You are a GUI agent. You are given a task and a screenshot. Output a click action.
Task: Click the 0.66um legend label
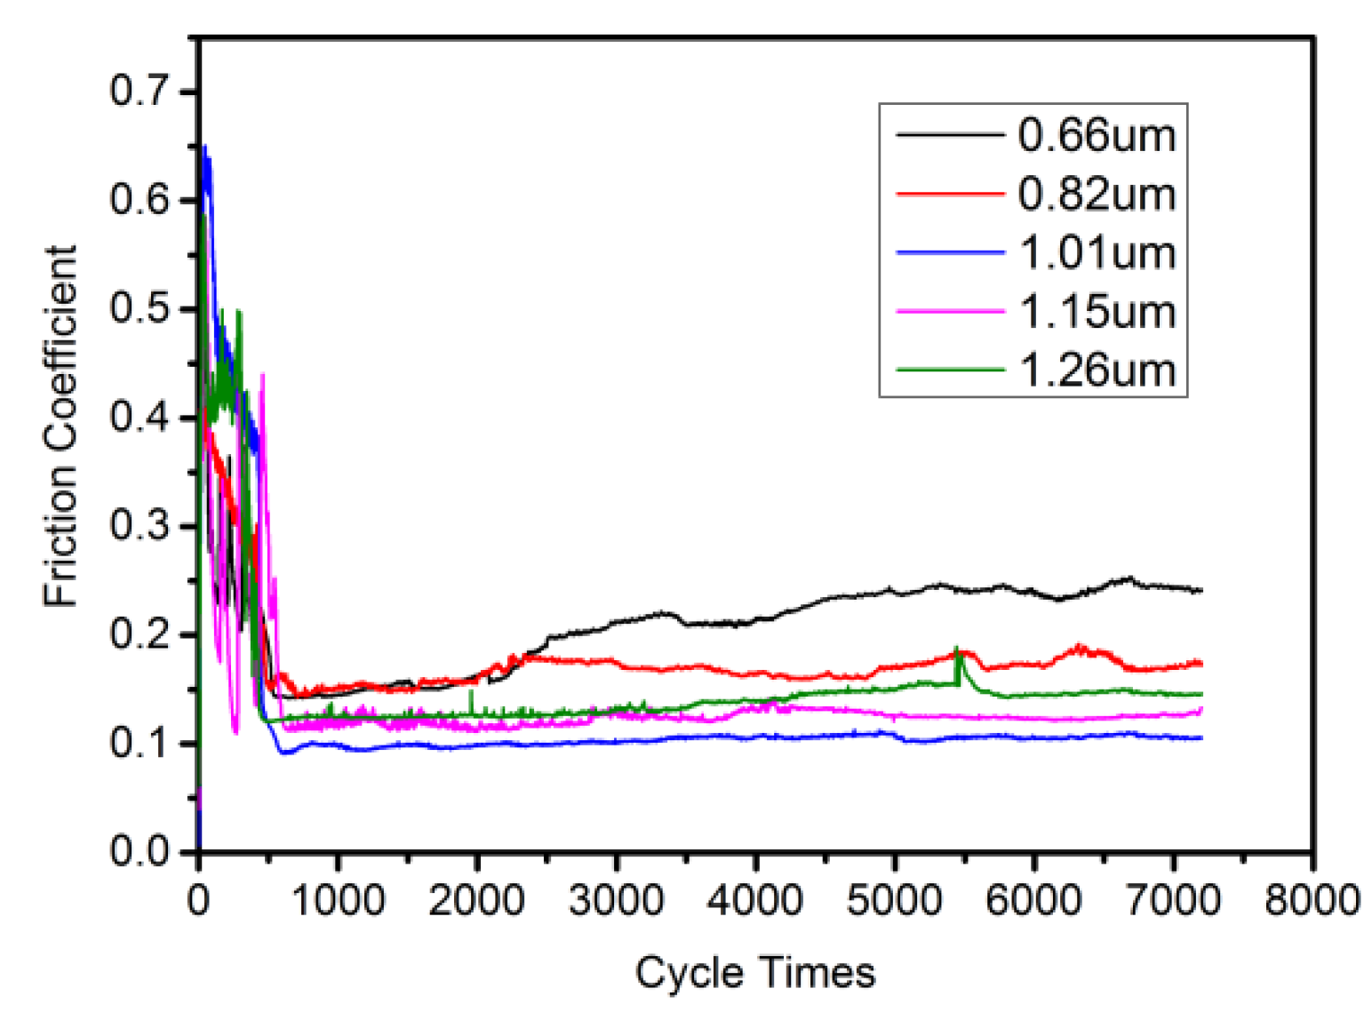1097,135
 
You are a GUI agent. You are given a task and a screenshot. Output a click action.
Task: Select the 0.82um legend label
1097,194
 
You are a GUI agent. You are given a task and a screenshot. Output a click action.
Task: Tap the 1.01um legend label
1097,253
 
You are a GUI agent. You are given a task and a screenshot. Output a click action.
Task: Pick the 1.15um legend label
1097,312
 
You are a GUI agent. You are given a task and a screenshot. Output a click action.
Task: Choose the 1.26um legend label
1097,371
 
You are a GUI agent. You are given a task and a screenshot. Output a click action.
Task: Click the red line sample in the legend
949,193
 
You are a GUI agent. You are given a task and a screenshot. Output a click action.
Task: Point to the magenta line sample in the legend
949,311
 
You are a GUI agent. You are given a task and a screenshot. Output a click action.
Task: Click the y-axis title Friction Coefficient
60,426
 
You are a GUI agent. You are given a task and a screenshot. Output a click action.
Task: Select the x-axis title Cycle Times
754,972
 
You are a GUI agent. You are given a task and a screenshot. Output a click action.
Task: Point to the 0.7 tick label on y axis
139,91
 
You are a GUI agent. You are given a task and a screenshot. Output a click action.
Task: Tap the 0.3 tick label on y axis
139,525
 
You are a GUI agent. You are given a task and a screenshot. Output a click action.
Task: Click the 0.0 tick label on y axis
139,851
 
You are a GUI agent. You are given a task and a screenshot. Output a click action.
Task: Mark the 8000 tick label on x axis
1312,900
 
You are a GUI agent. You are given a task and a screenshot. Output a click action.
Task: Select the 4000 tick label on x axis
754,900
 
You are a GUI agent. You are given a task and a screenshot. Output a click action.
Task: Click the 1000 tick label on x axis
338,900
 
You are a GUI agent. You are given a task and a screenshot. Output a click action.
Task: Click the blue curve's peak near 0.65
205,147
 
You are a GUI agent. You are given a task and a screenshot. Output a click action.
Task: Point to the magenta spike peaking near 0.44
262,376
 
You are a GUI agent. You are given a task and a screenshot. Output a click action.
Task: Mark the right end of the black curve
1200,590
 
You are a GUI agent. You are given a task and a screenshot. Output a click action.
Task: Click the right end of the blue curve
1200,737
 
